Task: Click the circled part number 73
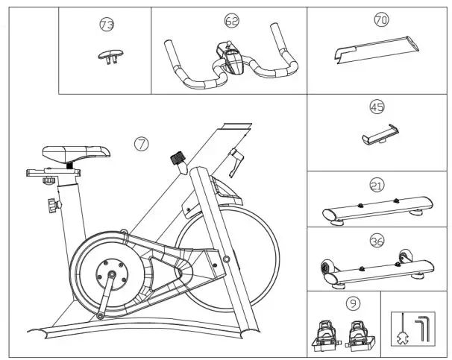point(107,24)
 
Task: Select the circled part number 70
point(380,20)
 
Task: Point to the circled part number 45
point(377,107)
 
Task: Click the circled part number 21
point(376,183)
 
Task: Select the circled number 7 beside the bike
point(140,144)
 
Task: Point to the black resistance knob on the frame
point(178,159)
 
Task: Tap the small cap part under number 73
point(108,54)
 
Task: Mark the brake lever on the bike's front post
point(236,160)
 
